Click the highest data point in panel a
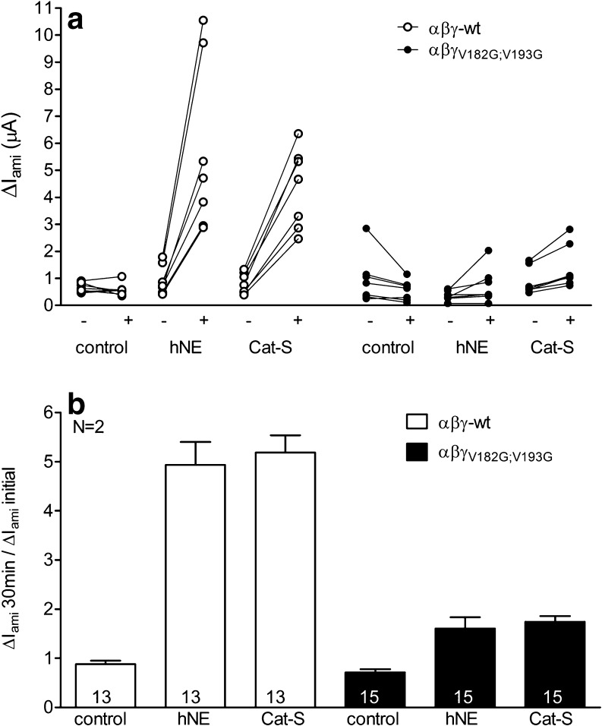pyautogui.click(x=203, y=20)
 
